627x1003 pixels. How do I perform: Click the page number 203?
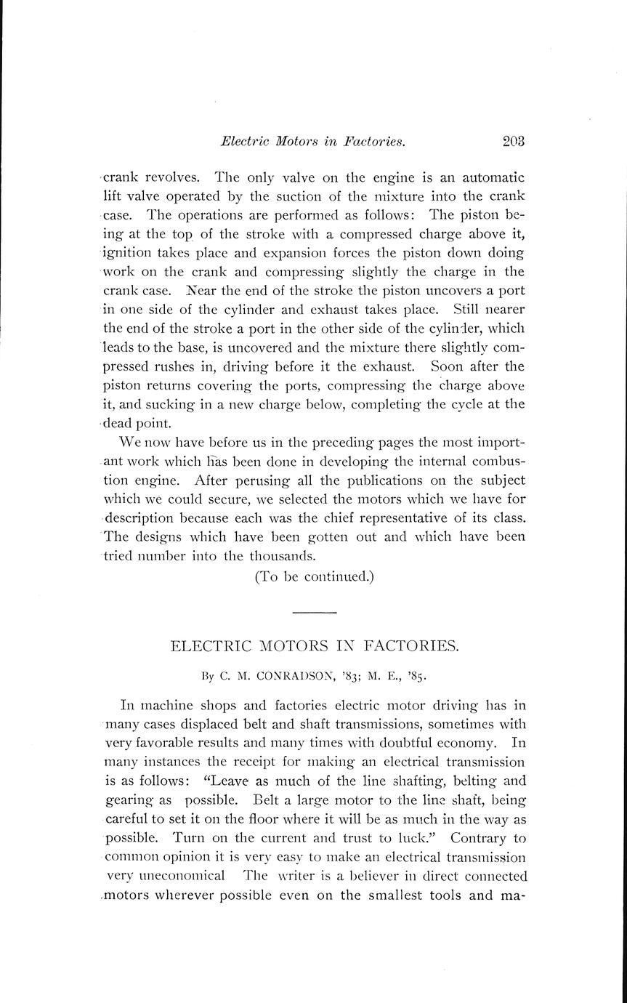tap(512, 142)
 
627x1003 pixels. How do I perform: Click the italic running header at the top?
tap(312, 142)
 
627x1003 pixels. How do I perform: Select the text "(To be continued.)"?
tap(314, 576)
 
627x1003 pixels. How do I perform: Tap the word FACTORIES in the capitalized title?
tap(410, 645)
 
